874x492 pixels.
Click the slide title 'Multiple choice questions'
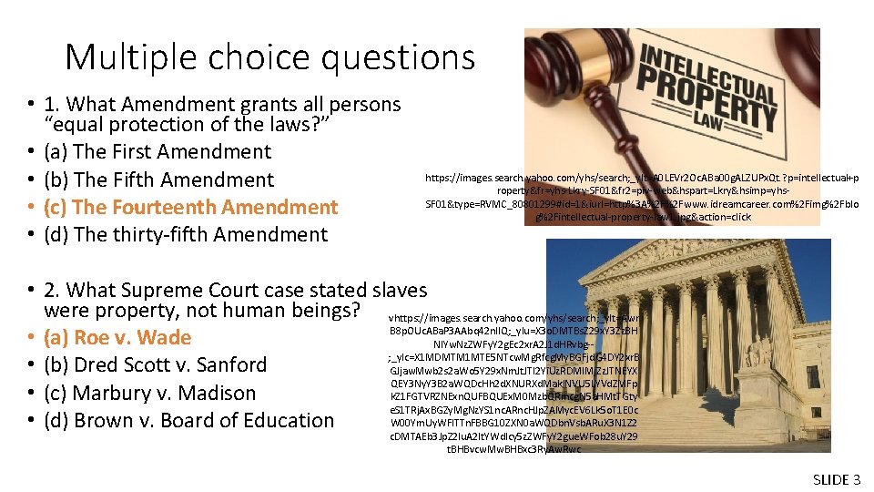tap(269, 57)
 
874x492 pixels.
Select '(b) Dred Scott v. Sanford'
tap(155, 364)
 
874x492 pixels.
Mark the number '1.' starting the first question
tap(53, 104)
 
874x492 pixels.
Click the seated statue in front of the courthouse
tap(757, 351)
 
